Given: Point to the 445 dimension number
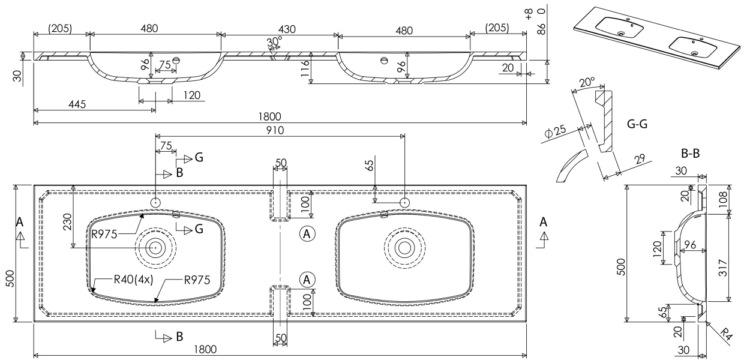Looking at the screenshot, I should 77,104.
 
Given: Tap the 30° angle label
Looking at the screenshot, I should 275,43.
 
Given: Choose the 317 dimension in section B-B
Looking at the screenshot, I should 723,268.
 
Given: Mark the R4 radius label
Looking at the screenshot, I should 727,334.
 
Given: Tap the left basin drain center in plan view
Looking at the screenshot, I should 155,247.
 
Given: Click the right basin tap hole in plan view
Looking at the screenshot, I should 406,203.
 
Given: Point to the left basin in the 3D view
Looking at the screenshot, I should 620,26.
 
